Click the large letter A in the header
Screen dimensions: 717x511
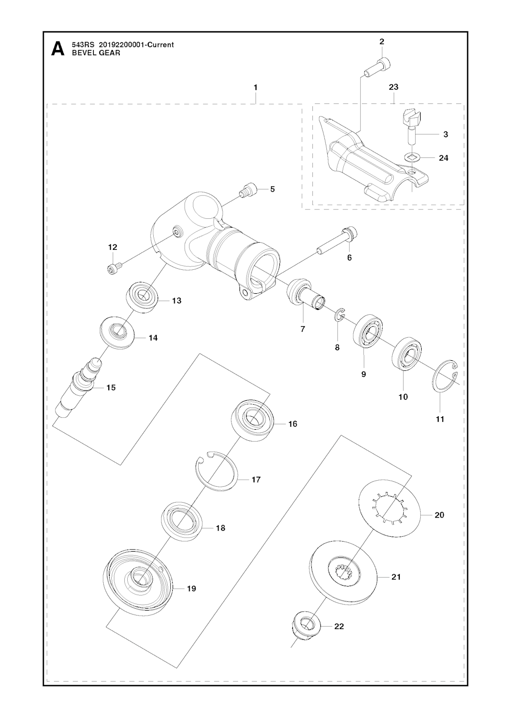click(x=58, y=48)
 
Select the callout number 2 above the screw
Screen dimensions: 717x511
click(x=382, y=41)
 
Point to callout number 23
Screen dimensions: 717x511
click(x=393, y=87)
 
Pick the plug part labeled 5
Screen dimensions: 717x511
click(x=247, y=190)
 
